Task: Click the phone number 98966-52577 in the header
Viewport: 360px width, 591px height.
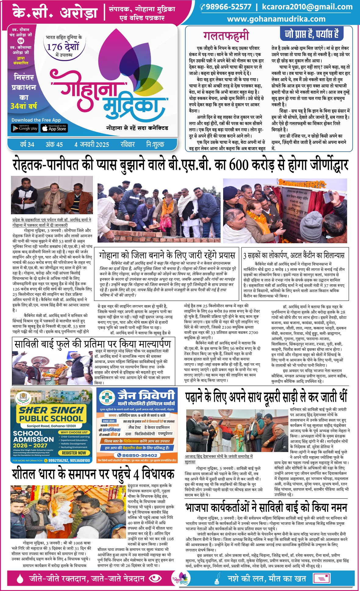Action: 228,7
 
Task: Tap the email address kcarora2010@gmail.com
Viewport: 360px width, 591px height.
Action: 307,7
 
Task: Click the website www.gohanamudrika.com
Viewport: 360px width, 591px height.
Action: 276,19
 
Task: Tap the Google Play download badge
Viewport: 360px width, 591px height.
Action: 25,128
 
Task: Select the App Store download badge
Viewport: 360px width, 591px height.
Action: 54,128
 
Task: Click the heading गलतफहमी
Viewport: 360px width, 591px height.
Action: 226,36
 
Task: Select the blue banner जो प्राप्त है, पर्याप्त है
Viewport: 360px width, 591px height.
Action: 312,34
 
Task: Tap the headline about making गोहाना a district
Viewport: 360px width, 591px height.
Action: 167,255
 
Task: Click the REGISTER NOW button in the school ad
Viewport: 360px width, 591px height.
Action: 74,453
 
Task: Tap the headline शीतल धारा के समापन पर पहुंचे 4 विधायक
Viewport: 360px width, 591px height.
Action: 93,474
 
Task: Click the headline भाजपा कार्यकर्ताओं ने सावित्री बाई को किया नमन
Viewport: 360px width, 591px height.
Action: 266,508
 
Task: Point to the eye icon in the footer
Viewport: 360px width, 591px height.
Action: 156,578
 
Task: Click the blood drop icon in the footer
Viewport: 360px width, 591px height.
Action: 20,578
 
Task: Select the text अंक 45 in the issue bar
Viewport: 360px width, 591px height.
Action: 54,144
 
